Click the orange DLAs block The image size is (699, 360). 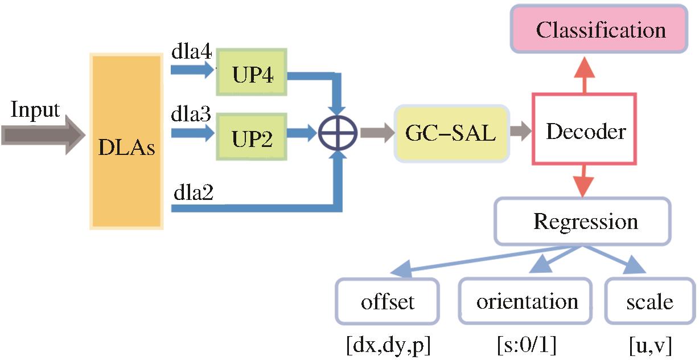pos(126,141)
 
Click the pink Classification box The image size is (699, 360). pos(601,29)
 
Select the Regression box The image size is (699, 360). pos(585,221)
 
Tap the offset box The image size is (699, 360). pos(388,301)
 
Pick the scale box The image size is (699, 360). pos(649,301)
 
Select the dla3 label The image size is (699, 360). pos(191,116)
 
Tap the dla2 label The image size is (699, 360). pos(193,194)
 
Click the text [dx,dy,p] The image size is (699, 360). pos(387,345)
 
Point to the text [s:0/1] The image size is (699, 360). pos(523,345)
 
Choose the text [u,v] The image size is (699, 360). pos(650,345)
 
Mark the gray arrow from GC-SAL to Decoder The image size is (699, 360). pos(520,132)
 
